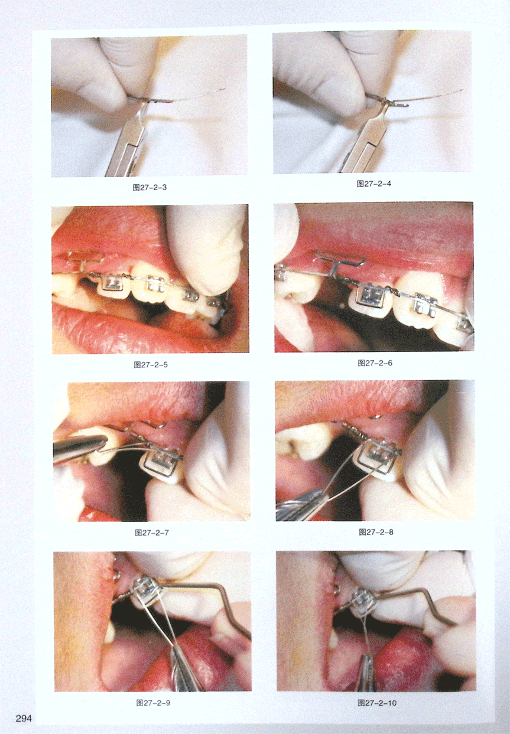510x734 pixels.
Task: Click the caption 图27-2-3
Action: click(x=150, y=187)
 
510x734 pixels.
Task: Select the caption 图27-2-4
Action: click(x=374, y=184)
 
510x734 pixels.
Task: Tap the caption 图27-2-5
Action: click(x=151, y=365)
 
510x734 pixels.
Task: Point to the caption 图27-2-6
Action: click(x=375, y=363)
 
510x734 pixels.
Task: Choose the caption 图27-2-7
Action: click(x=151, y=533)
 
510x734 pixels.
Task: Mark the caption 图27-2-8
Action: click(x=376, y=532)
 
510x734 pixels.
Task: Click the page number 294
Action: click(x=24, y=716)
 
